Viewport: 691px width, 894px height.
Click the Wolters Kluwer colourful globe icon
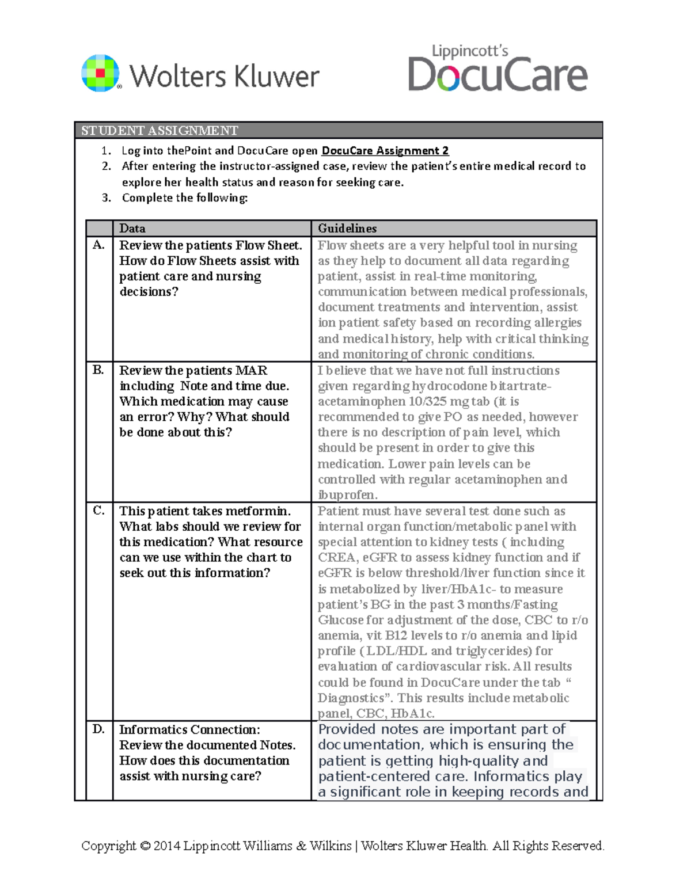101,73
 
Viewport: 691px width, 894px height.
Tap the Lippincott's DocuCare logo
498,69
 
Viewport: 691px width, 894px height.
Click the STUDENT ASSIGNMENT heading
160,131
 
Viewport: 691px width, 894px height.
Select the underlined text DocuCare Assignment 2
385,151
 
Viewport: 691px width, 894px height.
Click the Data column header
132,229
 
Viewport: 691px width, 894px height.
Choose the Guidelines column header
347,229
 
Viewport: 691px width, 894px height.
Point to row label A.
98,245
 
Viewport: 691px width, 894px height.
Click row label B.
98,370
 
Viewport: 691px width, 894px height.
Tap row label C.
98,511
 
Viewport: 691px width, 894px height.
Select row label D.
98,729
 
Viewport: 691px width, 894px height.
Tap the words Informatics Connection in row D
189,730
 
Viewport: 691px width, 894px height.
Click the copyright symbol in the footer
145,846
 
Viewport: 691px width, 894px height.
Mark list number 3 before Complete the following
106,198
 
